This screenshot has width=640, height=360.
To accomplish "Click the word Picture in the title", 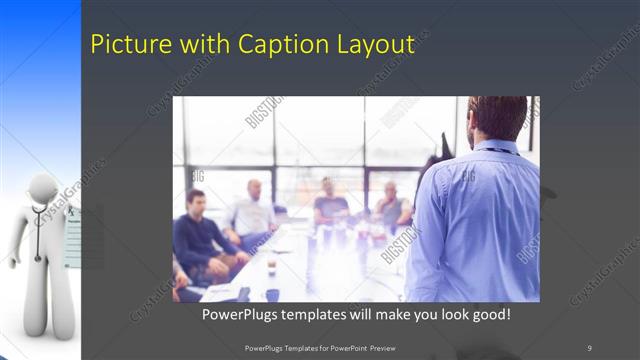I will (126, 44).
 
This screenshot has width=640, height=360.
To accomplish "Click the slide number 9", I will (589, 347).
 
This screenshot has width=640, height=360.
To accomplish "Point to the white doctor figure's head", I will (42, 191).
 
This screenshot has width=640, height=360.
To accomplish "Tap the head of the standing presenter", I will (497, 117).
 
